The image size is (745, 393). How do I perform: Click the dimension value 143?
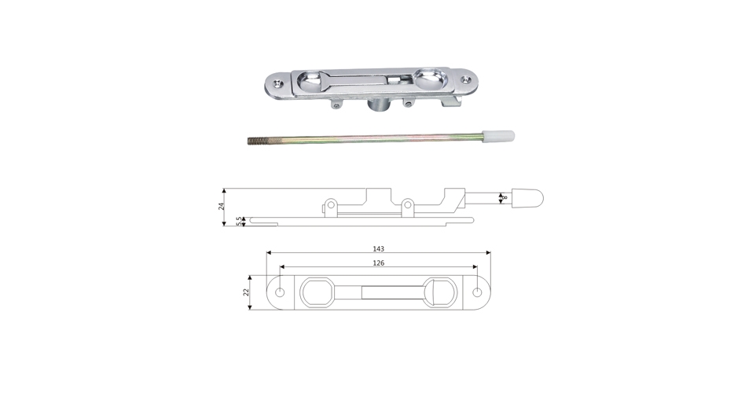click(x=378, y=248)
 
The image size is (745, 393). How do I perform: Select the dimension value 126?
click(x=378, y=263)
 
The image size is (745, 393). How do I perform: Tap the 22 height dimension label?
click(x=246, y=292)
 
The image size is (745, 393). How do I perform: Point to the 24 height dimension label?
click(x=221, y=206)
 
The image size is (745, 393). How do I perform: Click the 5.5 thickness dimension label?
click(x=239, y=221)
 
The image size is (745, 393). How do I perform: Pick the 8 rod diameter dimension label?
click(x=505, y=196)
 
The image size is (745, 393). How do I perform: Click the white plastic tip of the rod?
click(x=498, y=136)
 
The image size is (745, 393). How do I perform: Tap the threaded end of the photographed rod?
click(x=255, y=141)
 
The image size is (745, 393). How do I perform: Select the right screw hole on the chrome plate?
click(x=468, y=79)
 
